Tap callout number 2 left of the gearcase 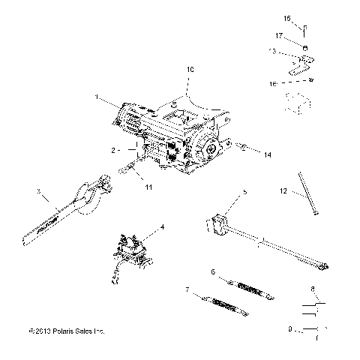click(112, 150)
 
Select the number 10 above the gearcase click(189, 69)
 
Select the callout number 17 click(300, 35)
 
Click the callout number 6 click(213, 272)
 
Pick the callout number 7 click(186, 289)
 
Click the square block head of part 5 click(217, 223)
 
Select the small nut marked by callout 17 click(307, 45)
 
